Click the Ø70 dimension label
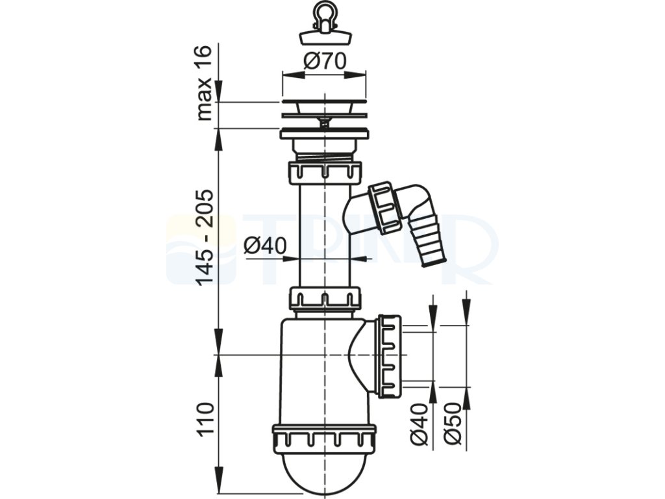click(x=325, y=63)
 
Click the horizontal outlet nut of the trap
click(x=389, y=355)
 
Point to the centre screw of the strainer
click(x=323, y=122)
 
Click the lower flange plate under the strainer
click(x=324, y=135)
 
